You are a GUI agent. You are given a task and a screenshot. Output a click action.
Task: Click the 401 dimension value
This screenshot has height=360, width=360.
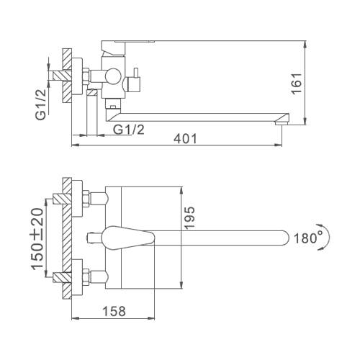click(185, 139)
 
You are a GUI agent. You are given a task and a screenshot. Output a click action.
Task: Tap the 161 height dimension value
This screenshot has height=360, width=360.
click(297, 84)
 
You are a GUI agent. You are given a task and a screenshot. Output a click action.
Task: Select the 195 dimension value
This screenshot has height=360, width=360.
click(190, 217)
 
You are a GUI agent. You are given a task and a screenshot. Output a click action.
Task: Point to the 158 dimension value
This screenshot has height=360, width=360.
click(114, 311)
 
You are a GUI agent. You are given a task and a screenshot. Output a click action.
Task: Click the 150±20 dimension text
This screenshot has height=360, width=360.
click(37, 239)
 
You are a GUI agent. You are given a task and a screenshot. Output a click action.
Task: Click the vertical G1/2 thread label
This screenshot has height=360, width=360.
click(41, 104)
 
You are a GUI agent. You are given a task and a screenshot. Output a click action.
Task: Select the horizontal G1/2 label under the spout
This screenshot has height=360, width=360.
click(129, 130)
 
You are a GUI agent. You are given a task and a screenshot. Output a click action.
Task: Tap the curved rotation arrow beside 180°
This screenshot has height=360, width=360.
click(325, 238)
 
